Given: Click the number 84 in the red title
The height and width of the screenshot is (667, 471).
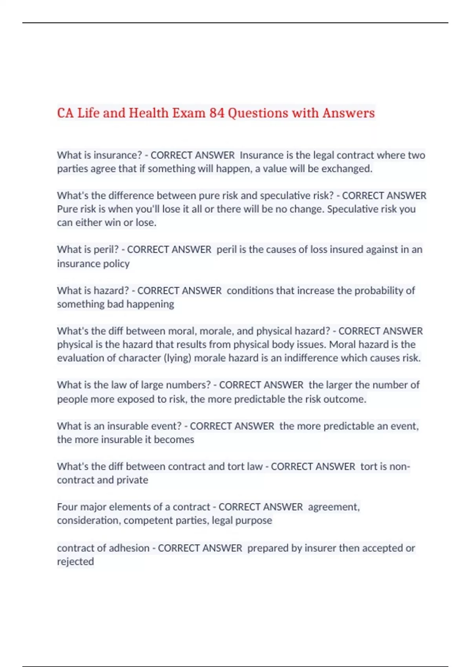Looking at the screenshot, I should click(x=217, y=113).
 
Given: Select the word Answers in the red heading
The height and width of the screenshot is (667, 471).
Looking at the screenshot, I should click(x=349, y=113).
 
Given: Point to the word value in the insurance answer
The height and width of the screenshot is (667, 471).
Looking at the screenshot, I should click(x=275, y=169).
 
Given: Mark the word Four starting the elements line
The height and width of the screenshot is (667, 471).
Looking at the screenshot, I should click(x=67, y=507).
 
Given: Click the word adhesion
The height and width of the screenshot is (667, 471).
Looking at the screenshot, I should click(x=131, y=548).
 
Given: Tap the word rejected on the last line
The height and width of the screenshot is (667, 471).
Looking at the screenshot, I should click(x=75, y=561).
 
